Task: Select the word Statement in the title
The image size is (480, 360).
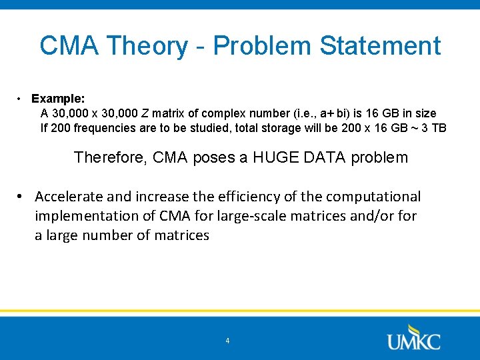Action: (x=380, y=46)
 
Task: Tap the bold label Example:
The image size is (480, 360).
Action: (x=57, y=99)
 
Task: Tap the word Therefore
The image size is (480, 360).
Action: (x=109, y=158)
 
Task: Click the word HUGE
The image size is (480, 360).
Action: (x=273, y=158)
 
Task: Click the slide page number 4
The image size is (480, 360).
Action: (x=227, y=341)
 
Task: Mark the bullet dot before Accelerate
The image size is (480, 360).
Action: (x=21, y=197)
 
